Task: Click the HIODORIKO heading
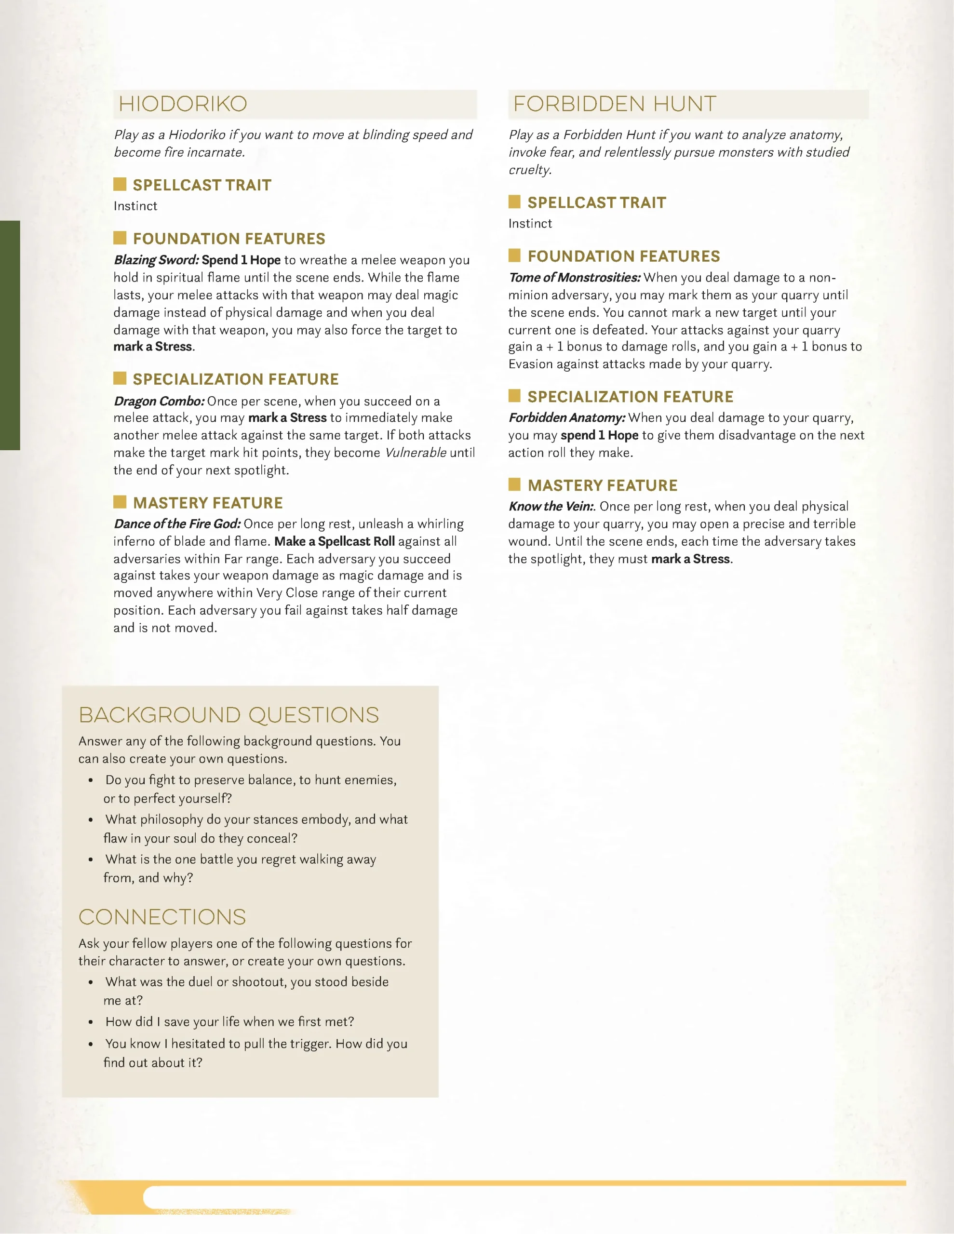point(183,104)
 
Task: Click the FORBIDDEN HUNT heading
point(614,104)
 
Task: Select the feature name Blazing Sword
point(156,260)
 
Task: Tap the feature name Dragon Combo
point(159,401)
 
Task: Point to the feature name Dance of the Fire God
point(177,524)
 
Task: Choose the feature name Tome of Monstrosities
point(574,278)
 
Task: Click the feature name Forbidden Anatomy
point(567,417)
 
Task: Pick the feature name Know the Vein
point(551,506)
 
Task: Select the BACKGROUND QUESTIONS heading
point(228,715)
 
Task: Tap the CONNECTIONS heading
point(162,917)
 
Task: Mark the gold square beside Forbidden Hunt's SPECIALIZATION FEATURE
point(514,396)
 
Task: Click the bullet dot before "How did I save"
point(91,1022)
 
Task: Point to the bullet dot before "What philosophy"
point(91,820)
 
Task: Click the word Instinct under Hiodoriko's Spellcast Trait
point(135,206)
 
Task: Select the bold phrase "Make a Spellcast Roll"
point(335,541)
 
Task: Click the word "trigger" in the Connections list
point(310,1044)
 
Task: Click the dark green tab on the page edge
point(10,335)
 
